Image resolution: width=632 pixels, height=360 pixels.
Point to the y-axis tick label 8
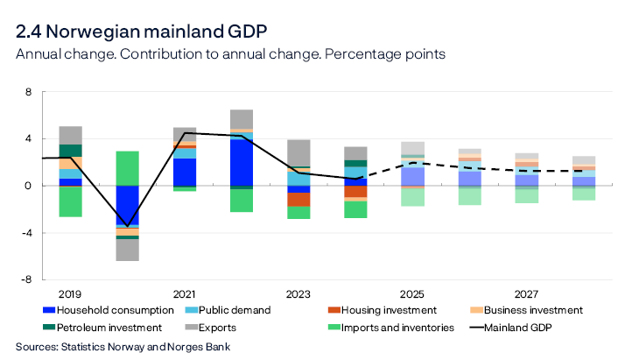pos(28,91)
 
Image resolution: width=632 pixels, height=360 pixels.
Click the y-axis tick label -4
pos(25,232)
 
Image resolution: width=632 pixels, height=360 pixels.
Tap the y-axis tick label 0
pos(28,186)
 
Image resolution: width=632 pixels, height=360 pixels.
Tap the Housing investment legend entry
pos(385,310)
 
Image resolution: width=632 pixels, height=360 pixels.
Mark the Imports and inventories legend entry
pos(392,328)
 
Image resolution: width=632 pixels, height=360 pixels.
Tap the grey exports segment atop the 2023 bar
pos(298,152)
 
